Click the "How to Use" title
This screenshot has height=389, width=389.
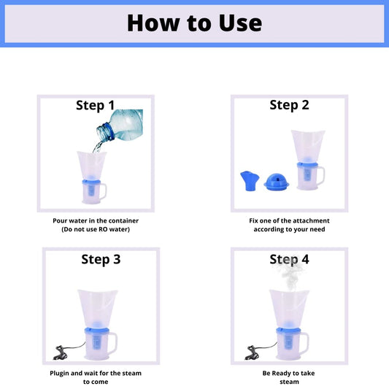click(194, 23)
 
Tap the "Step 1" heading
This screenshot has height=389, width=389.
click(96, 105)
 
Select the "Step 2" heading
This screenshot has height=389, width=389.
click(289, 105)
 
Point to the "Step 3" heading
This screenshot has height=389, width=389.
click(101, 260)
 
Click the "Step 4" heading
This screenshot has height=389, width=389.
click(289, 260)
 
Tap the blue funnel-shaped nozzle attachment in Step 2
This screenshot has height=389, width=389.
click(250, 181)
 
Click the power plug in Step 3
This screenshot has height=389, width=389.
click(61, 353)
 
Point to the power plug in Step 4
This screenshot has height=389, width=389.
click(252, 353)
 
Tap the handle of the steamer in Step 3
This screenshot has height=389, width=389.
click(114, 343)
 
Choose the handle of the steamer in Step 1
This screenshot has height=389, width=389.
click(104, 191)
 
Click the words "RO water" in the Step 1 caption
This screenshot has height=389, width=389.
click(113, 229)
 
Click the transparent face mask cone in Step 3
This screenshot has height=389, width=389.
click(98, 308)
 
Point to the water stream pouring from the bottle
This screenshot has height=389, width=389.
click(98, 147)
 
